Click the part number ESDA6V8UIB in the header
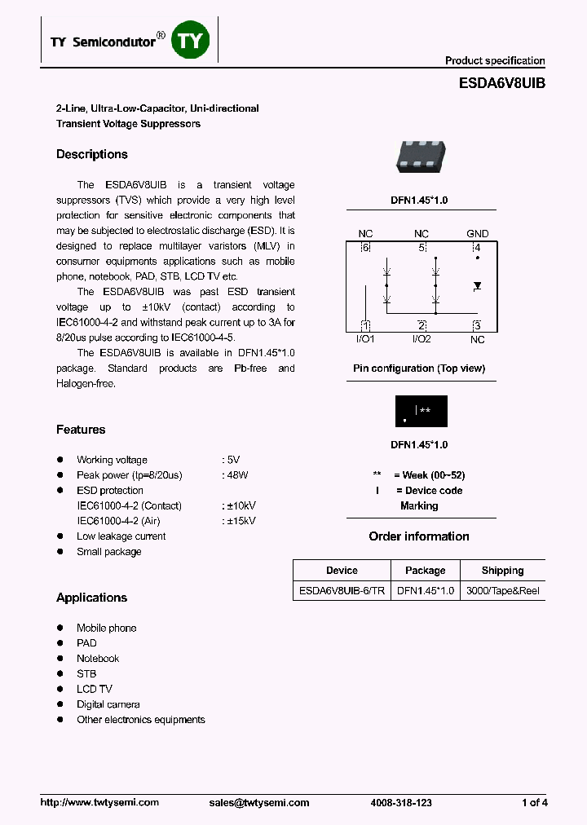(497, 83)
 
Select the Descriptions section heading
(92, 154)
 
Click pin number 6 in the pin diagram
(365, 247)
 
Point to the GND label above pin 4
(477, 234)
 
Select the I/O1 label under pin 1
(364, 338)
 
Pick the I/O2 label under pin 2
(421, 338)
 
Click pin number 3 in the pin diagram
(477, 326)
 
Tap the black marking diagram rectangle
(421, 411)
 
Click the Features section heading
(81, 430)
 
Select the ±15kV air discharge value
(240, 521)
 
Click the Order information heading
(419, 536)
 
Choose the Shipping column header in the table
(502, 571)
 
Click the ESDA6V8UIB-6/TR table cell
(342, 591)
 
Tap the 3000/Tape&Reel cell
(502, 591)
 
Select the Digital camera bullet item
(108, 704)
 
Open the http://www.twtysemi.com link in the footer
(99, 803)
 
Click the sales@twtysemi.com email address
(259, 803)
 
